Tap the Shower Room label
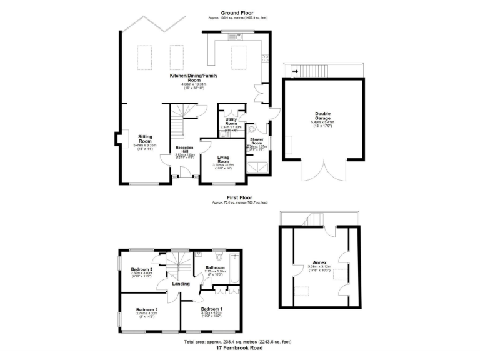pos(256,142)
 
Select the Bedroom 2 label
pos(147,309)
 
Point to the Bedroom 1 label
pos(210,309)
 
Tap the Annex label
pos(319,263)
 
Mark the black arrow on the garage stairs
pos(294,71)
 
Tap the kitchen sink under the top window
pos(238,36)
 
